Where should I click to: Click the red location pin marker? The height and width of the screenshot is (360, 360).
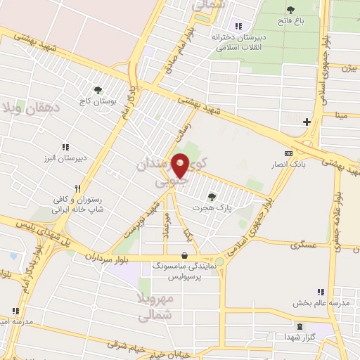[x=180, y=166]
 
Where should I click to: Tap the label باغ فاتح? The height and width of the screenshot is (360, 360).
[x=290, y=22]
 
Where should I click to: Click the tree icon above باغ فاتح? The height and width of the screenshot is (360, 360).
[x=290, y=10]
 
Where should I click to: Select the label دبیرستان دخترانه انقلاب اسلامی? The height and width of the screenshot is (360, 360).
[x=239, y=43]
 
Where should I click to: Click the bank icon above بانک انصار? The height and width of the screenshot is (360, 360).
[x=287, y=153]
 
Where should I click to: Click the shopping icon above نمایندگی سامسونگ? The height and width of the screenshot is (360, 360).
[x=184, y=256]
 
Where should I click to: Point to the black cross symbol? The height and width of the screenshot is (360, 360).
[x=307, y=122]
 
